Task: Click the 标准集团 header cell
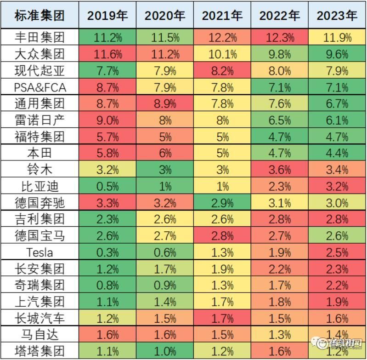coord(40,16)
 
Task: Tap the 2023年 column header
coord(337,16)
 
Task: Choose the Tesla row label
coord(40,252)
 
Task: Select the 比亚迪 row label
coord(40,186)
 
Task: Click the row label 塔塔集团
coord(40,352)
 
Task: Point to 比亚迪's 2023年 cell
coord(337,186)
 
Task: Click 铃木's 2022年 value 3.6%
coord(279,170)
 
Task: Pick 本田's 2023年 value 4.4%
coord(337,153)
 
